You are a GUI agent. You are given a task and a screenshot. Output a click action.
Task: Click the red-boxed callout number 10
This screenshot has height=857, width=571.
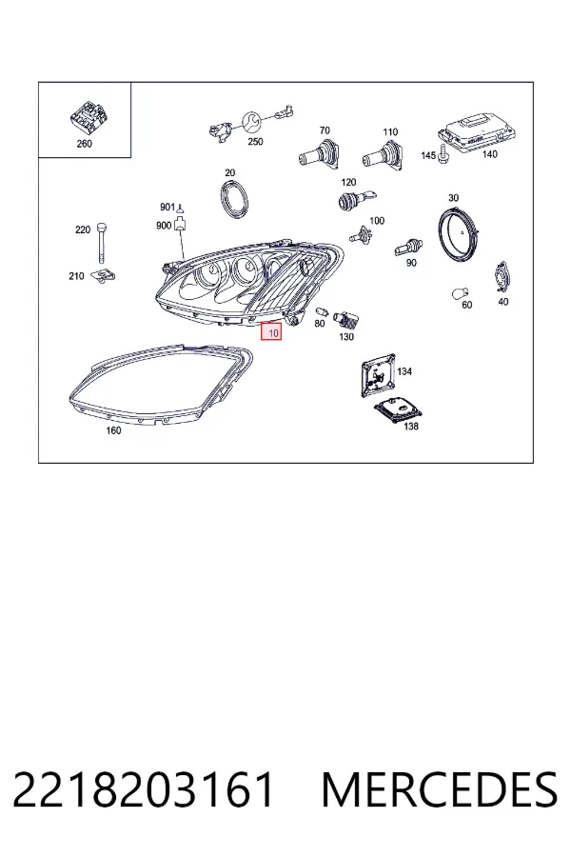(271, 331)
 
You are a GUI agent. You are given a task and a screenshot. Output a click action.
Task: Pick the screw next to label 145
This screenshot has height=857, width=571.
(443, 154)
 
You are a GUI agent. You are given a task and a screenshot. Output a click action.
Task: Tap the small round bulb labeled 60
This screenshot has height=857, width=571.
(460, 293)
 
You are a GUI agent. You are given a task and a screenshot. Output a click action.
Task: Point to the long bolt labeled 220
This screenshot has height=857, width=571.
(101, 243)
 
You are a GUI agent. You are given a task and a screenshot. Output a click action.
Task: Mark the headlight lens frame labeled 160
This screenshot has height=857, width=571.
(162, 385)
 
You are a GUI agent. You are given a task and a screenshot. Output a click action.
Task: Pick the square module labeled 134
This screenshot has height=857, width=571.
(378, 375)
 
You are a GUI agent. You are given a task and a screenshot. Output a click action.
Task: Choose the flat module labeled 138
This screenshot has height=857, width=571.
(397, 409)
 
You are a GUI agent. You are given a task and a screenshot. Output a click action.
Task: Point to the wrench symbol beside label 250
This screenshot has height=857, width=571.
(252, 122)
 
